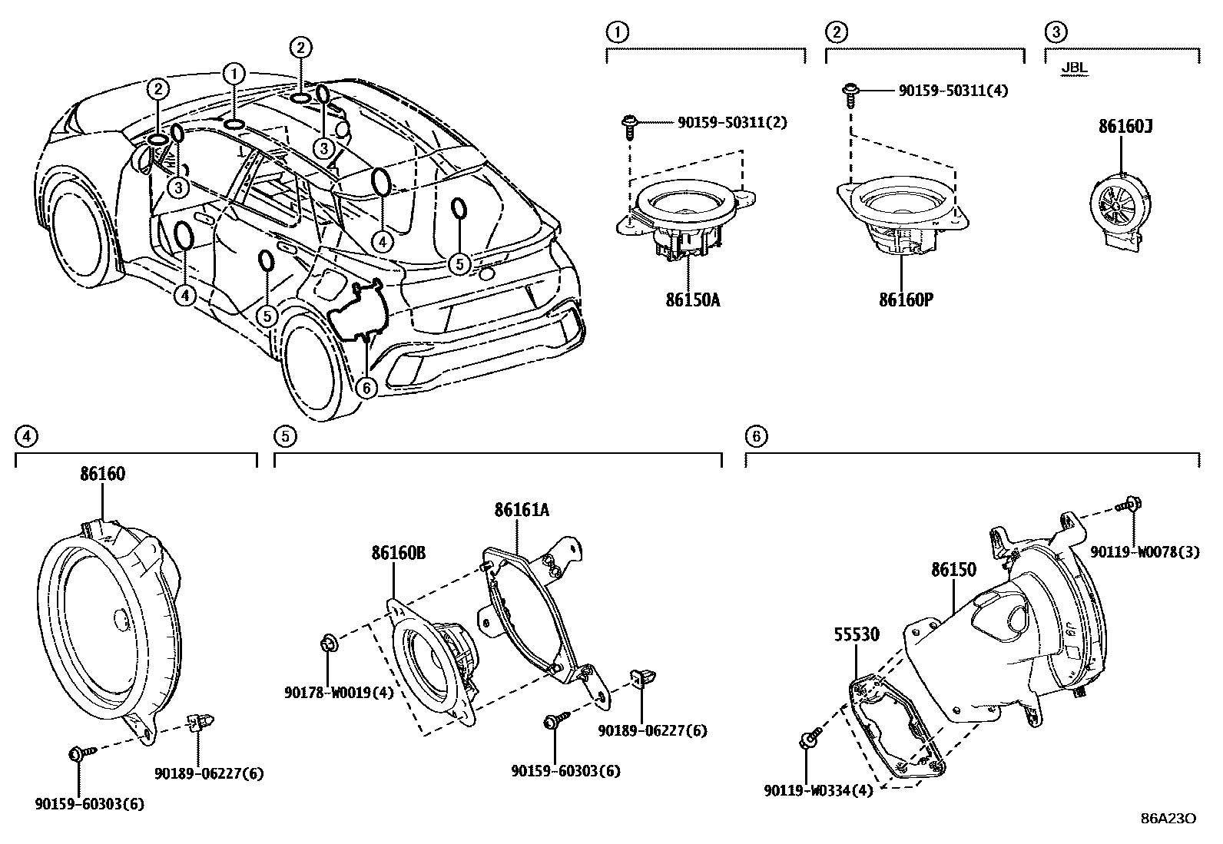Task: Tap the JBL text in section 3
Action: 1074,68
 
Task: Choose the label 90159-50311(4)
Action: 953,91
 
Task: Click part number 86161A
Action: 522,509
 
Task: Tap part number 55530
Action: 857,634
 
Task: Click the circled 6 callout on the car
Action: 366,388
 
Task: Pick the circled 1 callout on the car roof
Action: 234,74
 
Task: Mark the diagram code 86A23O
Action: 1168,818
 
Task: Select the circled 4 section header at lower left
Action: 25,436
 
